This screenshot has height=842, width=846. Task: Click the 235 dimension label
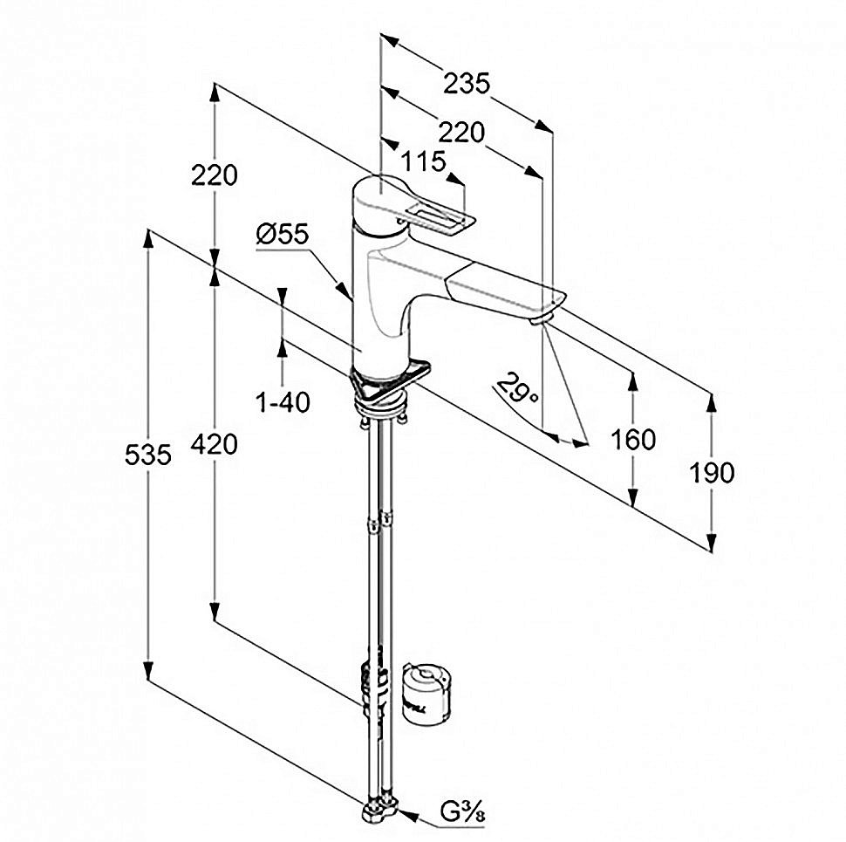pyautogui.click(x=467, y=84)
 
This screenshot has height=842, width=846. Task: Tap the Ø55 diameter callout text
pyautogui.click(x=283, y=234)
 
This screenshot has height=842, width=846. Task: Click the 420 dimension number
pyautogui.click(x=214, y=444)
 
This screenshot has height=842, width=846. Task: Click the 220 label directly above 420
pyautogui.click(x=214, y=175)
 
